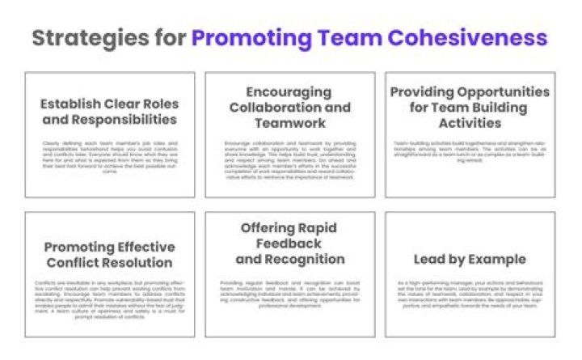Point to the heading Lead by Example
[470, 260]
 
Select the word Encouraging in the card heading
[289, 92]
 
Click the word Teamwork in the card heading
[289, 123]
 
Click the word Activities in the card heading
[470, 123]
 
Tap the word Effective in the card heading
[141, 248]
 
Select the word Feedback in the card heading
[289, 244]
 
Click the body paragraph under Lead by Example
[470, 295]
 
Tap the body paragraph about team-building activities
[470, 151]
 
